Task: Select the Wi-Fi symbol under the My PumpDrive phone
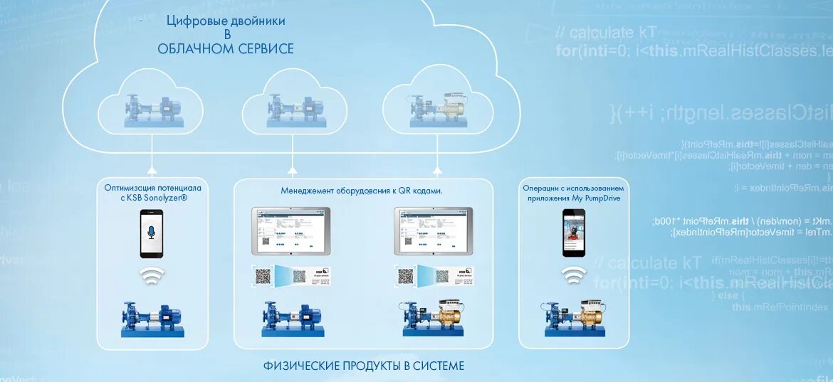point(574,275)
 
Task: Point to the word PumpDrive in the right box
point(603,198)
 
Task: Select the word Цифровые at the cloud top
point(192,21)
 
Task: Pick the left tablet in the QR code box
point(290,230)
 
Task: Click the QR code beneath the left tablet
point(264,275)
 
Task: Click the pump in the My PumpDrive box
point(574,319)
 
